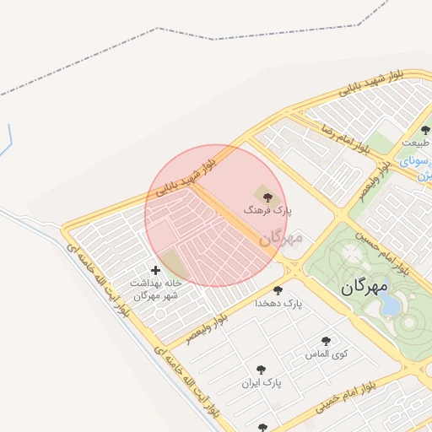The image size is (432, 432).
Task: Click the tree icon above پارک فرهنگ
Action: [268, 197]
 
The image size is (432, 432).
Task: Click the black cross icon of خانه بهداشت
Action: [154, 270]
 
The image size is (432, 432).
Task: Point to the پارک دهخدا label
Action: [281, 302]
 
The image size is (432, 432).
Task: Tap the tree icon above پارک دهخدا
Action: [278, 290]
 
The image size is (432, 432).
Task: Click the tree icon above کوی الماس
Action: [326, 342]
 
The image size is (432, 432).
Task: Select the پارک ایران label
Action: [260, 382]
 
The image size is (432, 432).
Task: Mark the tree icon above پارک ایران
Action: [261, 370]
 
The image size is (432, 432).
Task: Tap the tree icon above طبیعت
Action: [425, 131]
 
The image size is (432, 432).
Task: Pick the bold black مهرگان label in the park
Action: [364, 288]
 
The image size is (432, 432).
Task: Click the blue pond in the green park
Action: [390, 305]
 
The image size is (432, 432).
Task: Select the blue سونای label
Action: [415, 159]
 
